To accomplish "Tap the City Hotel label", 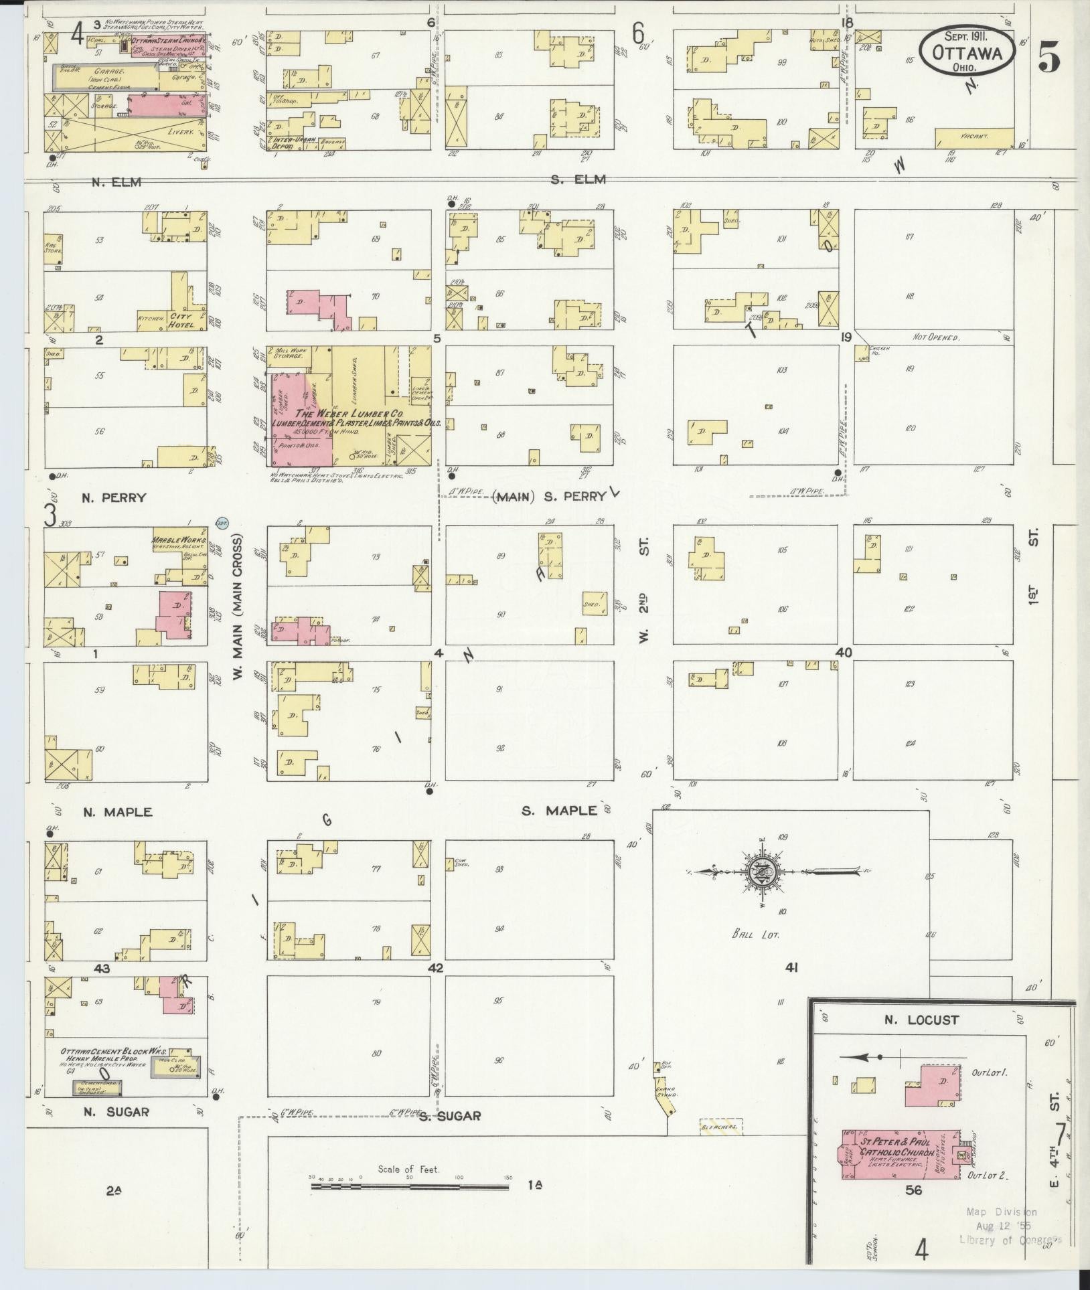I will point(181,320).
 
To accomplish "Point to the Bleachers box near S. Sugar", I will point(721,1127).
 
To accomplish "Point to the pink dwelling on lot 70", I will point(317,308).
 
